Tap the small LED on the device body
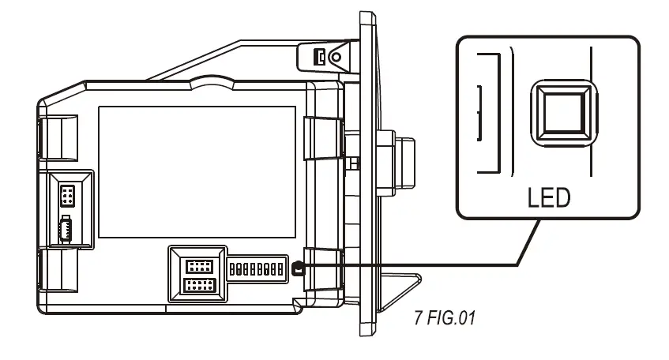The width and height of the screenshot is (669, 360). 297,269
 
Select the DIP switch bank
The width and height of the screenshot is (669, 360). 255,269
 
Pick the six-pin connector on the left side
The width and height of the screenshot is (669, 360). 69,195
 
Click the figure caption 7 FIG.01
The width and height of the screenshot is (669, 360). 445,319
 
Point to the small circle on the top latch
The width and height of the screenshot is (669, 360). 336,57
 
